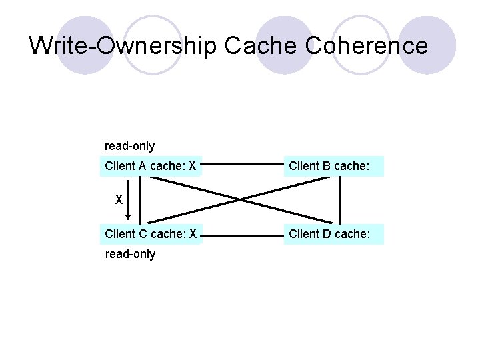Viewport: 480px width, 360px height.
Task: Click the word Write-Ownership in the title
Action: [124, 45]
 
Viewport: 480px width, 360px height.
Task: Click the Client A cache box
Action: [151, 166]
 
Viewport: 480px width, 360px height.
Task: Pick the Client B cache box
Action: [334, 166]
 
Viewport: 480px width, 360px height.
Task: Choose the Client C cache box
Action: [151, 233]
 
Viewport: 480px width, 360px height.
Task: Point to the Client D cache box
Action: [334, 233]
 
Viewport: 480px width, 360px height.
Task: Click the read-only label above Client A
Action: [129, 145]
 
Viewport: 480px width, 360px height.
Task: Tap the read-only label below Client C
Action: [129, 254]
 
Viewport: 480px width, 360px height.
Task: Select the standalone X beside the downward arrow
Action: [119, 199]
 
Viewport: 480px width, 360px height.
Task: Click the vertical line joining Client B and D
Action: [341, 199]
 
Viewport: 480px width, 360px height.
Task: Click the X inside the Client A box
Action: [192, 166]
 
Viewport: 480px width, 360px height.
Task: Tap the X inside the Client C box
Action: [192, 233]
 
